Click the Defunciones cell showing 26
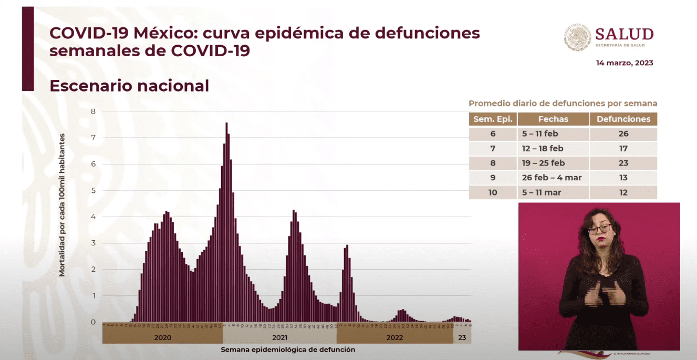pos(623,133)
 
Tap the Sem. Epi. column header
pos(493,119)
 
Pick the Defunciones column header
pos(623,119)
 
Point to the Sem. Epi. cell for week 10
pos(493,192)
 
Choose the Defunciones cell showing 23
pos(623,163)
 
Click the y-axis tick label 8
pos(93,111)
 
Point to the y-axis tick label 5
pos(93,190)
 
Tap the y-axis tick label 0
pos(93,322)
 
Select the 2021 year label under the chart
pos(279,337)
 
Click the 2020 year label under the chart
pos(163,337)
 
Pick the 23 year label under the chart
pos(462,337)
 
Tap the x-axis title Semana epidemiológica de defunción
pos(288,349)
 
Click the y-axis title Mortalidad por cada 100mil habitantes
pos(62,205)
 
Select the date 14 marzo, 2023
pos(625,63)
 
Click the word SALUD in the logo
pos(624,35)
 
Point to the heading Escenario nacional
pos(129,86)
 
